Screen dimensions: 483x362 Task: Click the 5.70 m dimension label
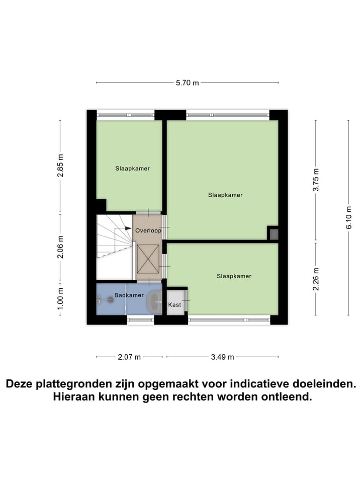pos(187,83)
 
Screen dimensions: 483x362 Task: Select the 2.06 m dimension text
pos(60,247)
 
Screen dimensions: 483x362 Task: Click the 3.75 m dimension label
pos(316,180)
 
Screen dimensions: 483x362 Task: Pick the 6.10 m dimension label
pos(348,217)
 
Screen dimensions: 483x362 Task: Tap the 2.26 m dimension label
pos(316,279)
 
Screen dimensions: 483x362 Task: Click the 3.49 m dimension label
pos(222,357)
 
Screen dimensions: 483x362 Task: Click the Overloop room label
pos(148,230)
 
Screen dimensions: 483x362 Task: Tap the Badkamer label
pos(129,295)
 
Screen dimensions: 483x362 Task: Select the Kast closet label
pos(174,305)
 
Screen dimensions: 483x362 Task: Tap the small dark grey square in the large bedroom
pos(274,233)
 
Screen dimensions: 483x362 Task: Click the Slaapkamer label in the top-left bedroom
pos(132,169)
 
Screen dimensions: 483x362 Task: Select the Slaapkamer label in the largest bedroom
pos(225,195)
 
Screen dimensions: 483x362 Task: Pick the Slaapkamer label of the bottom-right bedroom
pos(234,276)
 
